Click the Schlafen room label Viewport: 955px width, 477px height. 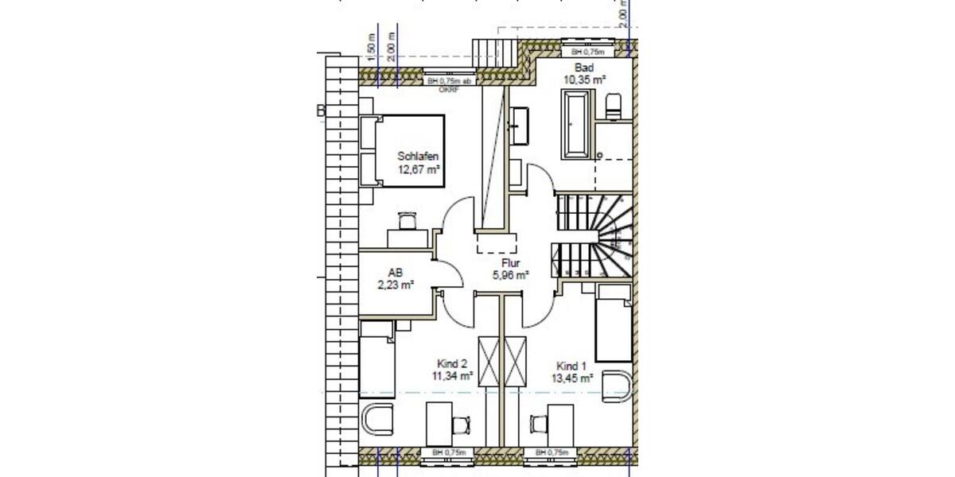pyautogui.click(x=419, y=157)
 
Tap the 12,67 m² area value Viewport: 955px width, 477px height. pyautogui.click(x=419, y=169)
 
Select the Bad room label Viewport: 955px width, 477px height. pyautogui.click(x=584, y=68)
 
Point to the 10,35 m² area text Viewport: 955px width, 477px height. pyautogui.click(x=585, y=79)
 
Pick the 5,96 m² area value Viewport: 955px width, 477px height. pyautogui.click(x=510, y=275)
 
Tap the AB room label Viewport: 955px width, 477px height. pyautogui.click(x=396, y=272)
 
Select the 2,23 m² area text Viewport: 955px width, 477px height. pyautogui.click(x=396, y=285)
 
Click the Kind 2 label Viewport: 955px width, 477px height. pyautogui.click(x=451, y=363)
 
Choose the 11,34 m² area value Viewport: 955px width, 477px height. pyautogui.click(x=452, y=376)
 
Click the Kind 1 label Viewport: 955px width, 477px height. pyautogui.click(x=571, y=366)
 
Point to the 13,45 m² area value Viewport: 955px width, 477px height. pyautogui.click(x=573, y=379)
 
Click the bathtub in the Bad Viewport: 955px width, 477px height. pyautogui.click(x=576, y=124)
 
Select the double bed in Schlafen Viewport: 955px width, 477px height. pyautogui.click(x=402, y=151)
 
